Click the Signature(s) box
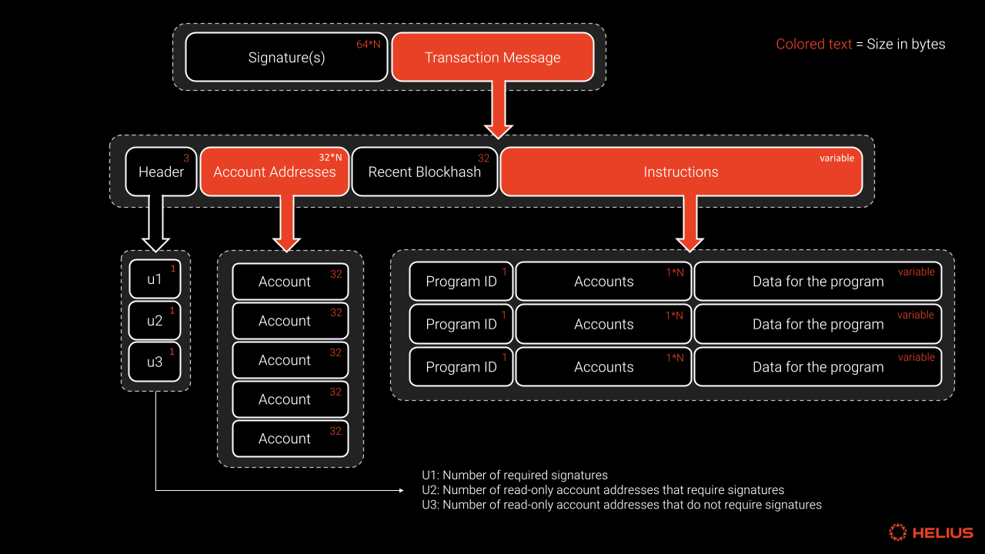pyautogui.click(x=286, y=58)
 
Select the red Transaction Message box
pyautogui.click(x=492, y=58)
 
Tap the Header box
pyautogui.click(x=161, y=172)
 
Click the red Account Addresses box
pyautogui.click(x=275, y=172)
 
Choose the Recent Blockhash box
pyautogui.click(x=425, y=172)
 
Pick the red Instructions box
pyautogui.click(x=681, y=172)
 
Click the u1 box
pyautogui.click(x=155, y=279)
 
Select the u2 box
pyautogui.click(x=155, y=321)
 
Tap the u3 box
pyautogui.click(x=155, y=362)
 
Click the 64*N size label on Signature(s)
pyautogui.click(x=368, y=45)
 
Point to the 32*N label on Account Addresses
pyautogui.click(x=330, y=158)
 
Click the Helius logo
pyautogui.click(x=931, y=532)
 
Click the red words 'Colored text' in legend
pyautogui.click(x=813, y=44)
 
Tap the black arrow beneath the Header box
pyautogui.click(x=156, y=223)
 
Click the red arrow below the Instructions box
pyautogui.click(x=689, y=223)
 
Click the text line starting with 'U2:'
pyautogui.click(x=603, y=490)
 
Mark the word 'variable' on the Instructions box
pyautogui.click(x=836, y=158)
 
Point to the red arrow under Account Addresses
pyautogui.click(x=286, y=223)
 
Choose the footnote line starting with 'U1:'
pyautogui.click(x=515, y=476)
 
